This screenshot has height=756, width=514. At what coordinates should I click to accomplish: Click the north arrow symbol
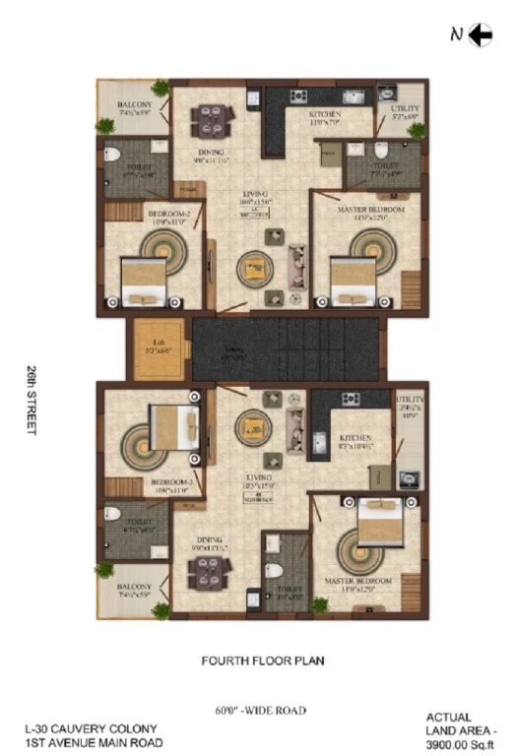pos(481,35)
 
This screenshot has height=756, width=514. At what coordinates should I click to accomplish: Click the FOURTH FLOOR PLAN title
pos(262,661)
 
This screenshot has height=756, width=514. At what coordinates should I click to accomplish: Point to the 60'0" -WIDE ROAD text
pos(261,710)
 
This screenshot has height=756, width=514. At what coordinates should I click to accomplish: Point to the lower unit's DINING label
pos(208,539)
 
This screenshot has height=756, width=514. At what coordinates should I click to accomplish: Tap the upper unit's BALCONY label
pos(133,105)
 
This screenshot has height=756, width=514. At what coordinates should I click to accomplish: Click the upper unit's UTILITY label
pos(405,109)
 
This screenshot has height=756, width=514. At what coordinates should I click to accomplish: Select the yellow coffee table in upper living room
pos(255,266)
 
